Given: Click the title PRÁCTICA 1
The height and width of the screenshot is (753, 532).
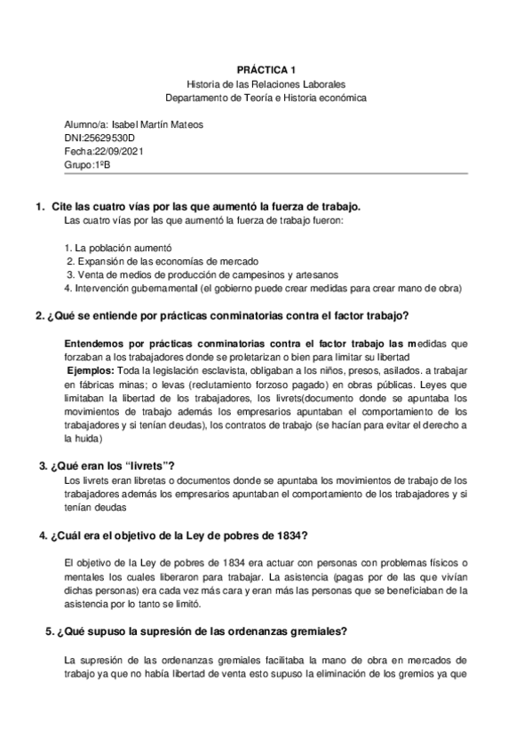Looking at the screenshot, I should click(x=266, y=67).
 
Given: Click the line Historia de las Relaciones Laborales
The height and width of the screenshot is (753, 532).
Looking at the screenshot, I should click(x=266, y=83).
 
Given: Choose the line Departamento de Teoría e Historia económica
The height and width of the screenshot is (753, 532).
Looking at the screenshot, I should click(x=266, y=97).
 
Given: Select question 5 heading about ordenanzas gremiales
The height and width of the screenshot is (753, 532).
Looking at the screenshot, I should click(x=202, y=631).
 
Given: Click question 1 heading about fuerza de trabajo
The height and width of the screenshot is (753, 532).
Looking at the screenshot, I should click(x=203, y=206).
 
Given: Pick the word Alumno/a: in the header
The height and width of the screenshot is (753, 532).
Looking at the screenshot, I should click(x=87, y=124).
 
